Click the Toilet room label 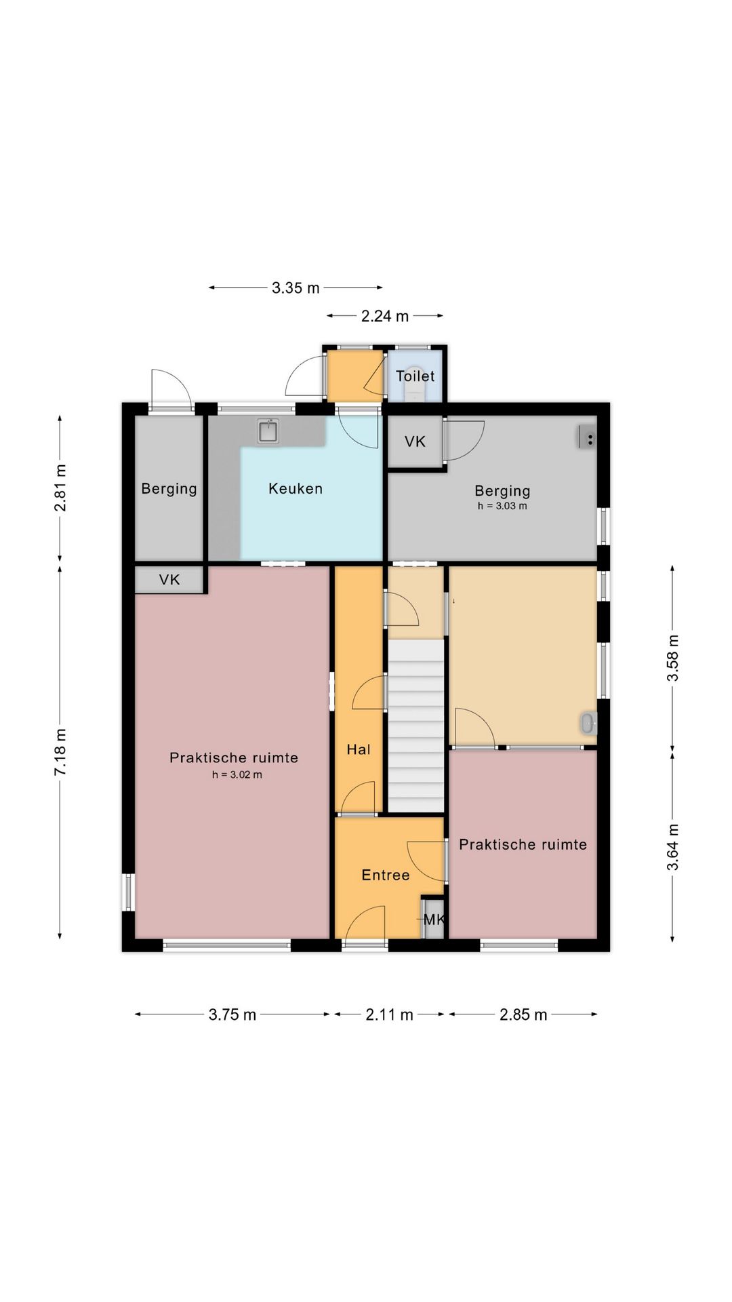coord(415,376)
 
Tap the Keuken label coord(296,488)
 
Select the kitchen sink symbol coord(269,431)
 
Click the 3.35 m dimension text coord(296,288)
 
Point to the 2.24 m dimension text coord(385,316)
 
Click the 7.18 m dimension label coord(61,752)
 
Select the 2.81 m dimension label coord(61,488)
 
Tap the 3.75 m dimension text coord(232,1014)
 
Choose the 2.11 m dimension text coord(389,1014)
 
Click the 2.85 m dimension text coord(523,1014)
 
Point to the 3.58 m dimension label coord(672,658)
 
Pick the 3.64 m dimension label coord(672,847)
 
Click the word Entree coord(386,875)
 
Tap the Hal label coord(359,749)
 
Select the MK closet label coord(434,920)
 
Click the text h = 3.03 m coord(502,506)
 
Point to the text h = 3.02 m coord(237,774)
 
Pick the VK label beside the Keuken coord(415,441)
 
